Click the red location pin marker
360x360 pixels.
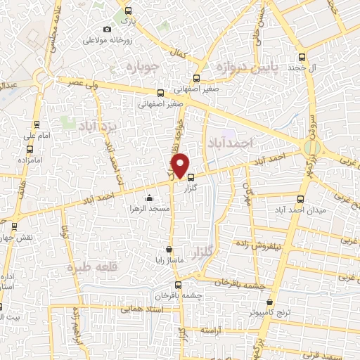180,165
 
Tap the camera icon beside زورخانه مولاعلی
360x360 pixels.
107,29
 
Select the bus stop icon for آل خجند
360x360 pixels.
302,58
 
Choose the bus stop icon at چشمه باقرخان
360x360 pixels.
177,285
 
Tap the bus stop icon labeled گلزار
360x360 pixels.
191,177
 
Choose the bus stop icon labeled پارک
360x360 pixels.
127,11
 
